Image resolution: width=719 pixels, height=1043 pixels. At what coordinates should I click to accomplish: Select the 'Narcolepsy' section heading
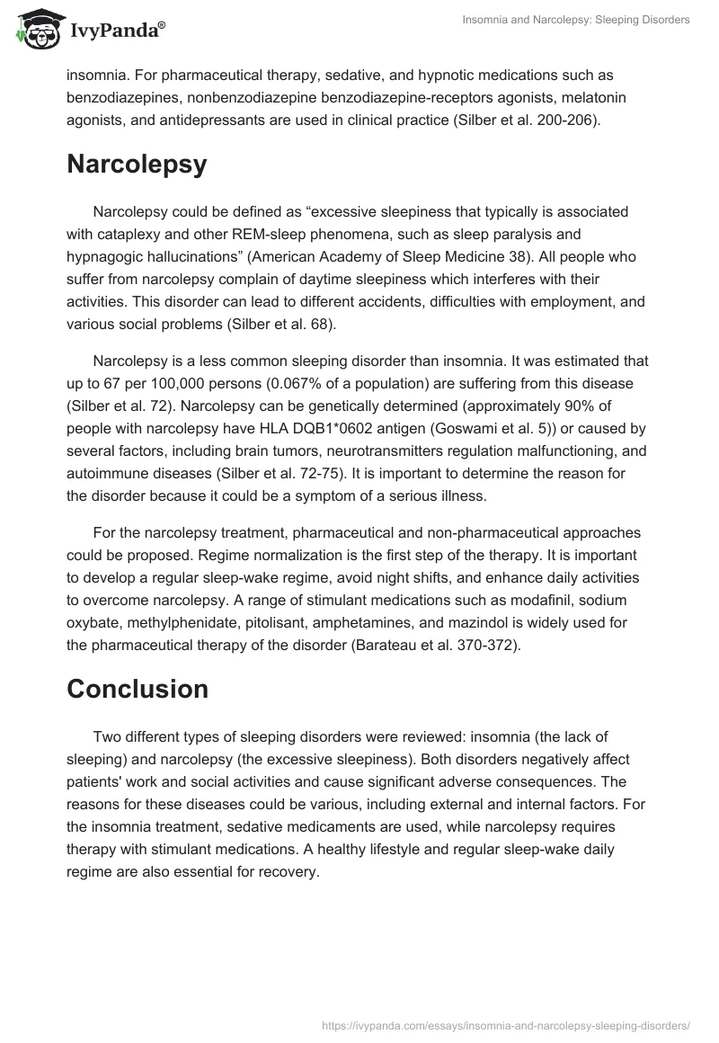coord(137,165)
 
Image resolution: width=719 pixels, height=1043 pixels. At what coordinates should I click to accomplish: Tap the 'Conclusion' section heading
coord(138,689)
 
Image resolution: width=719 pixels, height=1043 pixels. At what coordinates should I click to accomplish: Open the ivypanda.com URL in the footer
coord(505,1024)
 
